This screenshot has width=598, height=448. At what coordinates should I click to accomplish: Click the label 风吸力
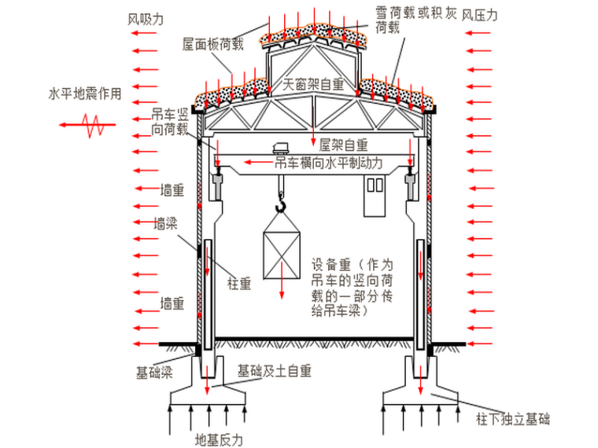[x=145, y=17]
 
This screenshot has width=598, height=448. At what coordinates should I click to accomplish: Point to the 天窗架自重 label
[x=314, y=83]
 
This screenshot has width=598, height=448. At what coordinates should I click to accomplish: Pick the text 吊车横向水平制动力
[x=328, y=163]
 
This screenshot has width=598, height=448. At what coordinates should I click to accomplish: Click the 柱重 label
[x=239, y=284]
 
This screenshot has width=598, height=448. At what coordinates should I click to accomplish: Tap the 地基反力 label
[x=219, y=439]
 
